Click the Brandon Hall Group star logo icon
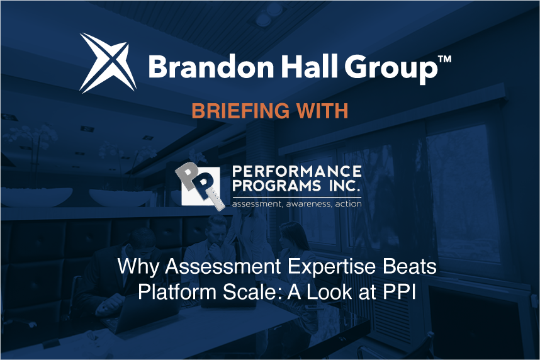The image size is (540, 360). pos(108,63)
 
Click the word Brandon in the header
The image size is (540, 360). pos(211,67)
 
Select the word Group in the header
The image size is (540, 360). pos(391,69)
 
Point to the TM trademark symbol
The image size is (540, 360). pos(444,59)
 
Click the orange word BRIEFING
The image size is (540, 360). pos(240,111)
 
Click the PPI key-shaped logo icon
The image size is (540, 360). pos(200,186)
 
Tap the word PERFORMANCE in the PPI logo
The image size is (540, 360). pos(297,171)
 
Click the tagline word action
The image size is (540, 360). pos(348,204)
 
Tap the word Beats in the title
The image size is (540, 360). pos(410,266)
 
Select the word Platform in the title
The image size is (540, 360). pos(177,292)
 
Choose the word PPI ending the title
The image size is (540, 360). pos(399,292)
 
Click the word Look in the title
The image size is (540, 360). pos(330,292)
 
